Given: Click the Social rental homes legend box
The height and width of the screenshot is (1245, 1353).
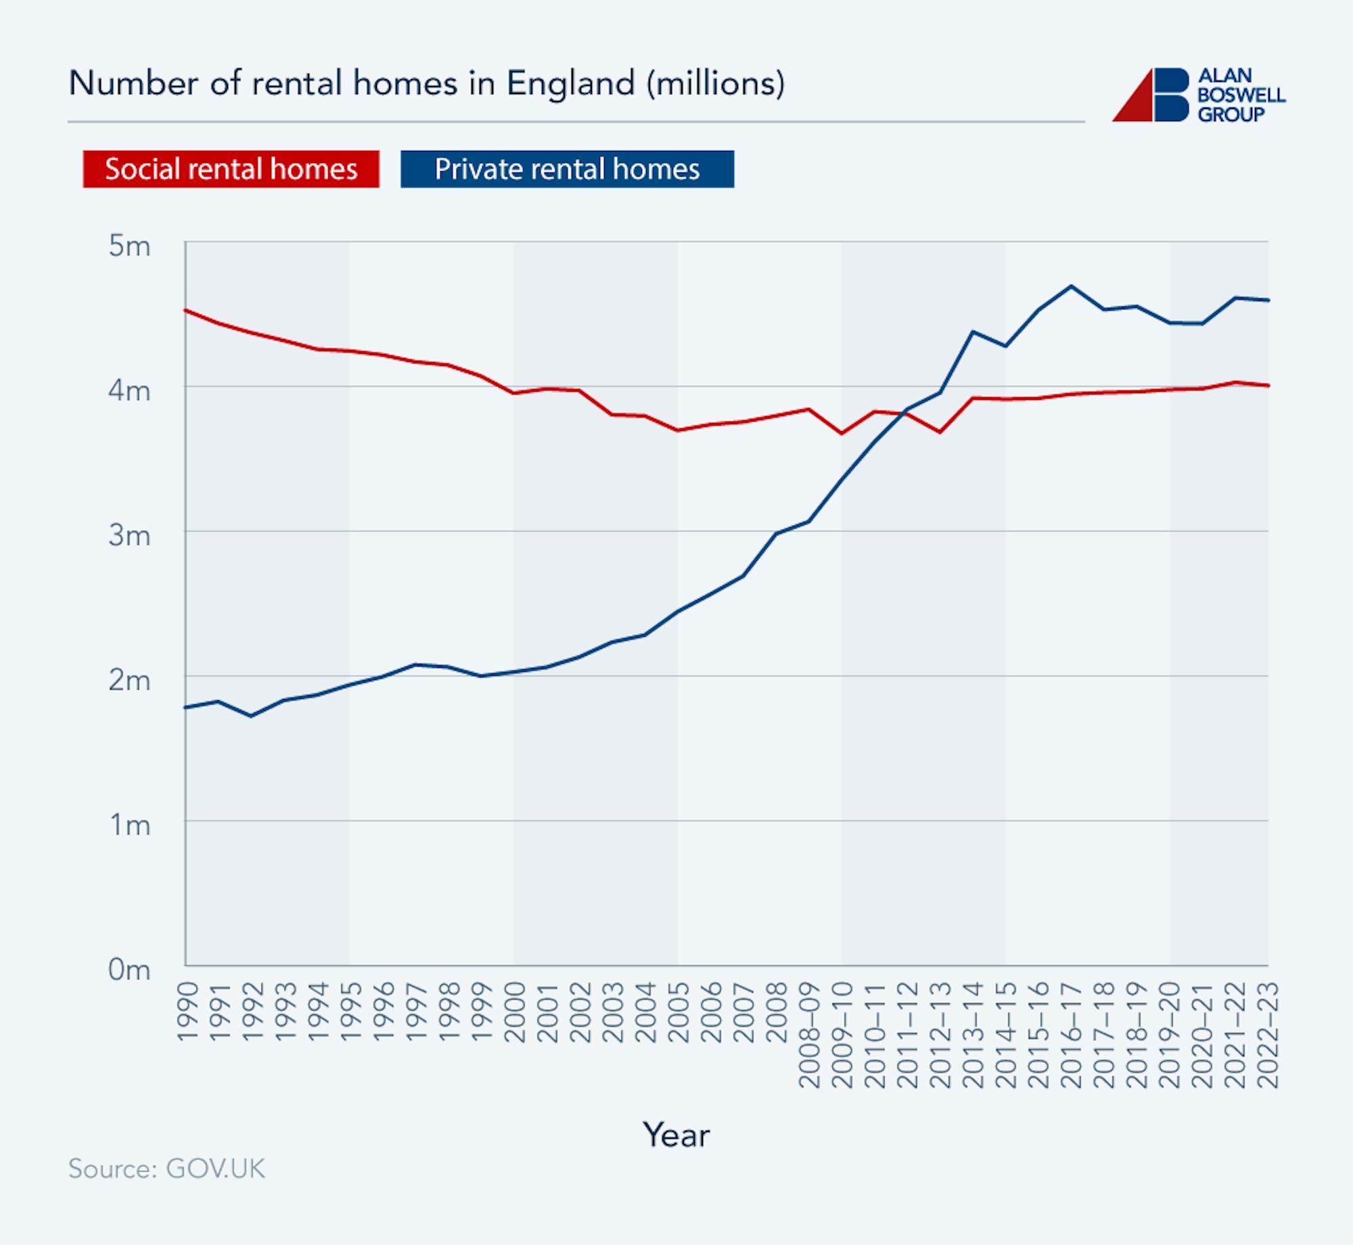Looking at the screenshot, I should click(231, 169).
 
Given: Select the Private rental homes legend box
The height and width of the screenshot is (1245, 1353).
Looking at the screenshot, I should click(567, 169).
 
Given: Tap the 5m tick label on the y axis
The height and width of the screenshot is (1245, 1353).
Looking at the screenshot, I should click(129, 246).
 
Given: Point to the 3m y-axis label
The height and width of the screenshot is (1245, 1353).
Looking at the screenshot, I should click(129, 536).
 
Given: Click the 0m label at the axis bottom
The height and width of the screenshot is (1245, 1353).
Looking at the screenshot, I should click(129, 970).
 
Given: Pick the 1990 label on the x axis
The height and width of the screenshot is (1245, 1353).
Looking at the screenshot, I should click(187, 1012).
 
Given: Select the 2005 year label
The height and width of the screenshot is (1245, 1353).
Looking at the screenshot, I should click(679, 1012).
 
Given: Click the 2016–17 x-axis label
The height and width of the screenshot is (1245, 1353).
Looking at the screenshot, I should click(1072, 1035).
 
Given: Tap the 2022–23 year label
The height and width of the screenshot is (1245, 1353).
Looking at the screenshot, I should click(1268, 1035).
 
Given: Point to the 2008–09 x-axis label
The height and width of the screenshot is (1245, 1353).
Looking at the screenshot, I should click(810, 1035).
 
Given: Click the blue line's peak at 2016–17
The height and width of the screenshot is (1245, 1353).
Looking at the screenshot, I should click(1071, 286).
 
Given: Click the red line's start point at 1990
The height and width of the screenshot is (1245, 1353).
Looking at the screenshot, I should click(186, 310).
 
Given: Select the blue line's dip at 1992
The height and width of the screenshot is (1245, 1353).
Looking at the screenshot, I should click(251, 716).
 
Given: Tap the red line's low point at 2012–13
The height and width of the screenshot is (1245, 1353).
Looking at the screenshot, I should click(940, 432).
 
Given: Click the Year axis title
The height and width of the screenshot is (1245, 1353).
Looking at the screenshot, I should click(676, 1135).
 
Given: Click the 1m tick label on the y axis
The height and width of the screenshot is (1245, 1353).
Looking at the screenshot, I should click(129, 825).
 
